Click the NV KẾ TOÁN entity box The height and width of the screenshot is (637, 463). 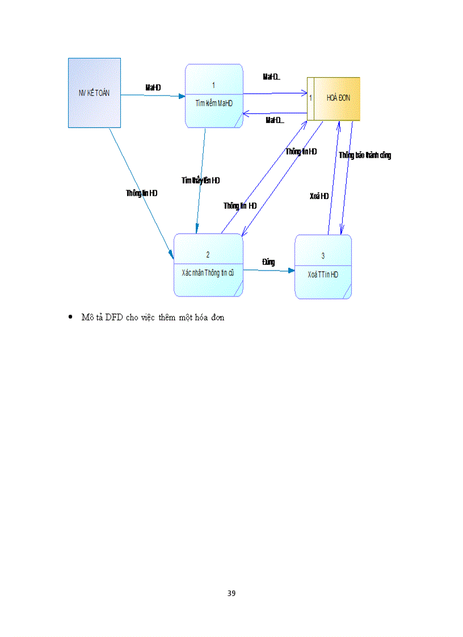(x=94, y=92)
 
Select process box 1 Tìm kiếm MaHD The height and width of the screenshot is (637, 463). (x=214, y=95)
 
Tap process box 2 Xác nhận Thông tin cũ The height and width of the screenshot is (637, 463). (x=208, y=265)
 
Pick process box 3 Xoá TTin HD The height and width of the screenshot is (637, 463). (x=323, y=267)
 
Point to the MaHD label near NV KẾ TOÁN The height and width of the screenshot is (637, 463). (x=153, y=87)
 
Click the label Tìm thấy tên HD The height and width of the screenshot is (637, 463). (x=200, y=180)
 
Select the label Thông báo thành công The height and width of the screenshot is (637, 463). (x=365, y=155)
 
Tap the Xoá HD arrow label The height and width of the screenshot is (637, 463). (x=319, y=196)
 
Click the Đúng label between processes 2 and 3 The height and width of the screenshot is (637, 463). (x=268, y=261)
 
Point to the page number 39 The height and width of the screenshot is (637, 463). (x=231, y=593)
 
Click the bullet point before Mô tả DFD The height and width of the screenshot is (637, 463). (x=70, y=317)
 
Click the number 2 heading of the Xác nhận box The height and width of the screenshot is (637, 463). (x=208, y=255)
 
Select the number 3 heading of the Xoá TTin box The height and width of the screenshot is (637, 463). (x=323, y=256)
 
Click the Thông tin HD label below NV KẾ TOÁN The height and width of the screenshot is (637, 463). (x=142, y=193)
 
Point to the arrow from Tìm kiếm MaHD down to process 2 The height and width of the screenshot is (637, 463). (x=200, y=187)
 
